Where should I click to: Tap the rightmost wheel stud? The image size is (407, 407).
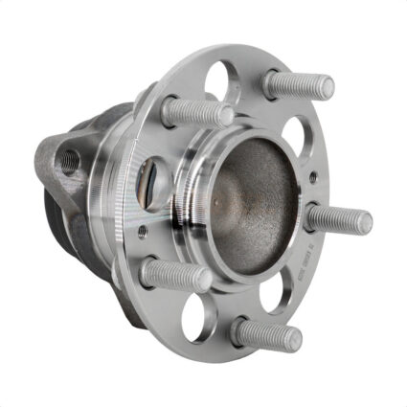point(338,218)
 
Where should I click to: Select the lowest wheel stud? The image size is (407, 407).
point(266,334)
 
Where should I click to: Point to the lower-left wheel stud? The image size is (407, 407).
point(175,276)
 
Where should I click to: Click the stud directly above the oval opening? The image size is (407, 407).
point(196,111)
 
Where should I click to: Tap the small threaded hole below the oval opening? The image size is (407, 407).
point(143,230)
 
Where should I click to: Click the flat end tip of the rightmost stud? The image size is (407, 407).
point(365,223)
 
